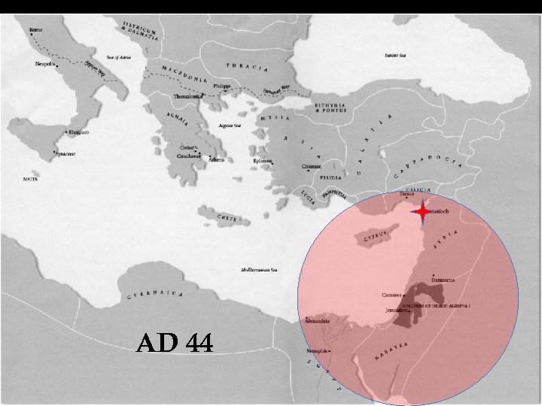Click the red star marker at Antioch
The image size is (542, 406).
click(423, 212)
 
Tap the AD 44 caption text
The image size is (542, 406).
click(175, 344)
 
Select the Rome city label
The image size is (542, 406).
click(35, 30)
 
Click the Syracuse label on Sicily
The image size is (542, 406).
click(65, 154)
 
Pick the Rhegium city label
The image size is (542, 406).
click(78, 132)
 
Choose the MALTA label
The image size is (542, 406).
click(31, 180)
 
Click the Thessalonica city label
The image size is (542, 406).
click(188, 96)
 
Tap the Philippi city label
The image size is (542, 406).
click(221, 86)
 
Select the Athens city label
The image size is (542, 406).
click(216, 159)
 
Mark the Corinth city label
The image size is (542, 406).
click(189, 147)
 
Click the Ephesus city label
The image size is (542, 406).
click(262, 160)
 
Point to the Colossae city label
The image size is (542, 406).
click(312, 166)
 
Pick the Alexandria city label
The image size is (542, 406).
click(317, 321)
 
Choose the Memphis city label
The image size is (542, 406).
click(317, 351)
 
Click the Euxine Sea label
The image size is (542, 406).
click(395, 55)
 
